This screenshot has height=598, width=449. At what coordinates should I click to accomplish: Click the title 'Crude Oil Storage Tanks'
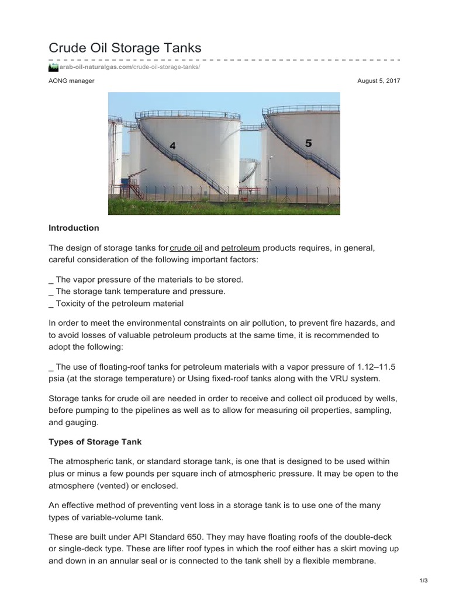[125, 48]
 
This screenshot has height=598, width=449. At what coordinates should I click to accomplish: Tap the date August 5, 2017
[378, 81]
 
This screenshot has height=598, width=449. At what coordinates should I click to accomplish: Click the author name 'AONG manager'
[71, 81]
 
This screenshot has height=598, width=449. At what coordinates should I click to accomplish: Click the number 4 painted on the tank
[172, 146]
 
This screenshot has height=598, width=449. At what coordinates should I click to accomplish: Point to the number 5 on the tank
[309, 142]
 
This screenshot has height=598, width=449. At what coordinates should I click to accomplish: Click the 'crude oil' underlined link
[186, 248]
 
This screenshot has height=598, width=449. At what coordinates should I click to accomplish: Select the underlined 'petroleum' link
[240, 248]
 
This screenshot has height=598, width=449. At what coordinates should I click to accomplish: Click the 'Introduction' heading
[74, 228]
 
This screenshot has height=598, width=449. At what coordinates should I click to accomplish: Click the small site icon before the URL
[53, 67]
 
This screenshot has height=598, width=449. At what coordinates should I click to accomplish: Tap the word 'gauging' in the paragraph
[83, 422]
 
